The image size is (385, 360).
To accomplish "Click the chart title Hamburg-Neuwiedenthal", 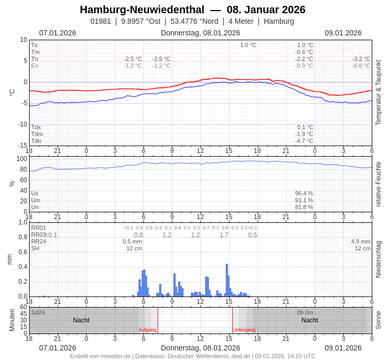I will tap(142, 10).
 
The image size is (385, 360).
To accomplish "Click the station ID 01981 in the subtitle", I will tap(100, 21).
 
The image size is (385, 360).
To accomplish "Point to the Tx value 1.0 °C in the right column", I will tap(305, 45).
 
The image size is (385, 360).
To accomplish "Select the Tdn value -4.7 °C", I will tap(304, 141).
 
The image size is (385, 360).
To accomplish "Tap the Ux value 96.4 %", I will tap(304, 193).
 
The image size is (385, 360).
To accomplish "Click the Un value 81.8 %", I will tap(304, 207).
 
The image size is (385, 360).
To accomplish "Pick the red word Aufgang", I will tap(148, 330).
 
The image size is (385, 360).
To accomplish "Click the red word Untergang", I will tap(244, 330).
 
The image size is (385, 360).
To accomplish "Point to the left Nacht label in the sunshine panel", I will tap(81, 320).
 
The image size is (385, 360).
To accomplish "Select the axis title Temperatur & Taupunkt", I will tap(378, 93).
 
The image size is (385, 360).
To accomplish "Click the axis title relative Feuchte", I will tap(378, 184).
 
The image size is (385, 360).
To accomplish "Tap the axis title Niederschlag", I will tap(378, 259).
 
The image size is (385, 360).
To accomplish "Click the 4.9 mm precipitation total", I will tap(361, 241).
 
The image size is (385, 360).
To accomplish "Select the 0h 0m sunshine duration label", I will tap(305, 312).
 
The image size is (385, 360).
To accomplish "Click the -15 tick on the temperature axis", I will tap(23, 146).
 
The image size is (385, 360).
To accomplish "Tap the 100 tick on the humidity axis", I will tap(21, 159).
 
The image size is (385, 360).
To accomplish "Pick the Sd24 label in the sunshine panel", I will tap(38, 312).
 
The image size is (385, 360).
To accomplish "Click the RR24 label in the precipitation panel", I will tap(39, 241).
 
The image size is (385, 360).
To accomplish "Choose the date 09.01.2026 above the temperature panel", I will tap(343, 33).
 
